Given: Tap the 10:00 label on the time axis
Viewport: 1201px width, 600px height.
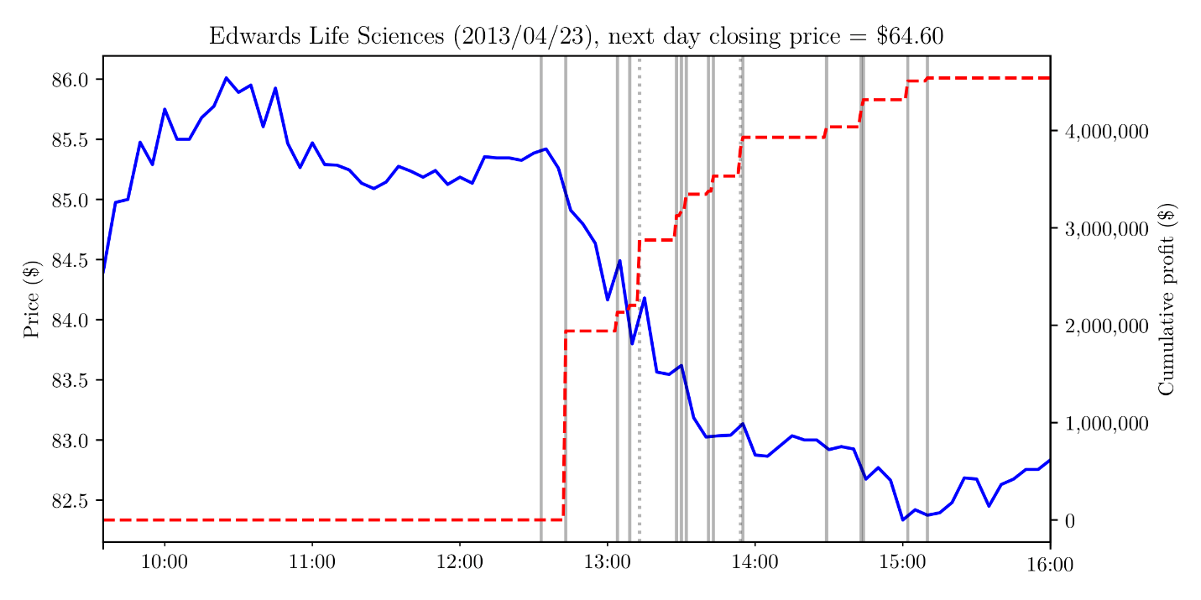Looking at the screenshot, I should (x=164, y=562).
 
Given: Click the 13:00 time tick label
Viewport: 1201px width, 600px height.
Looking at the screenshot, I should (x=607, y=562).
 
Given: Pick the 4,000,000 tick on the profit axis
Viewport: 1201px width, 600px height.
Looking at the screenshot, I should (x=1106, y=132).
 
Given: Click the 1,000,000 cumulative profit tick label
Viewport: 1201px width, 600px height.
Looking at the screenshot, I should (x=1106, y=424).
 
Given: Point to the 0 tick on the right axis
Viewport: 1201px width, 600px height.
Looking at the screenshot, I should (x=1070, y=521).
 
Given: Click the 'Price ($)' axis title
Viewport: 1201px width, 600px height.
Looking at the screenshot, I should (x=32, y=299).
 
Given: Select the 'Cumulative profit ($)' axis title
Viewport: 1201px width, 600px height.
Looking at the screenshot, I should (x=1167, y=299).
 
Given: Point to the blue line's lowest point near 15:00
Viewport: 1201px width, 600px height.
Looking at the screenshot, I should (x=903, y=519).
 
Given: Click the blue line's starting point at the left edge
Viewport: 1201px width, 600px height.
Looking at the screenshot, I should (x=103, y=272).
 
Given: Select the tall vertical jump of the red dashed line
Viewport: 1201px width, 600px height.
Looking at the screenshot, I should (x=564, y=424).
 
